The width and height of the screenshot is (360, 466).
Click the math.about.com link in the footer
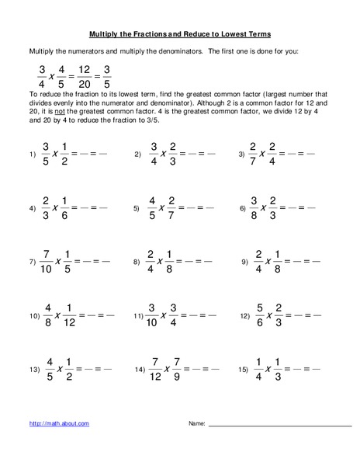(59, 423)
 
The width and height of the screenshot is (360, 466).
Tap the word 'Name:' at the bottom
(196, 423)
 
